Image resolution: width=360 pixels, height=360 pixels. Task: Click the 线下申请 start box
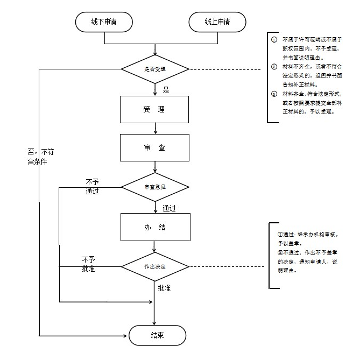tap(104, 22)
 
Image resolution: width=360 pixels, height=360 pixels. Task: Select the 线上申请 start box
tap(217, 22)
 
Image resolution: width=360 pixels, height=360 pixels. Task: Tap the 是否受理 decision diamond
tap(155, 69)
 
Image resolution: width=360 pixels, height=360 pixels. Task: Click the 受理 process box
tap(154, 110)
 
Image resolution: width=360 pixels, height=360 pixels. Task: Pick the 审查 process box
tap(154, 147)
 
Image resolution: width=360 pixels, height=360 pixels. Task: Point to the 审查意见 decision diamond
tap(155, 187)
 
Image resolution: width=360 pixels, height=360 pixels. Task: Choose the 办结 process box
tap(154, 227)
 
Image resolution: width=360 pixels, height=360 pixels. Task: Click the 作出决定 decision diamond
tap(155, 266)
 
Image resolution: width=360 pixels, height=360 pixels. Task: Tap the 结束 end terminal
tap(157, 336)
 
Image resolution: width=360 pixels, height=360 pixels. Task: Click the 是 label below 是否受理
tap(166, 90)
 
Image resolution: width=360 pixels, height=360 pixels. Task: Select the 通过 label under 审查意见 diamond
tap(170, 208)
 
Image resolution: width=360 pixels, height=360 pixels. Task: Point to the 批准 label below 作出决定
tap(164, 288)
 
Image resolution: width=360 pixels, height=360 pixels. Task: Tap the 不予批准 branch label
tap(88, 264)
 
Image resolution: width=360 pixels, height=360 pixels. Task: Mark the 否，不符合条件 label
tap(40, 157)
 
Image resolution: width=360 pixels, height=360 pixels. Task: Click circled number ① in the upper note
tap(274, 40)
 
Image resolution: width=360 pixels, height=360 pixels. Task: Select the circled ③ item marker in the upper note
tap(274, 94)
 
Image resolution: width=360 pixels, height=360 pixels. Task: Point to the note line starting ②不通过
tap(307, 257)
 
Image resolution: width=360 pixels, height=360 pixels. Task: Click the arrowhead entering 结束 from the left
tap(126, 336)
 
